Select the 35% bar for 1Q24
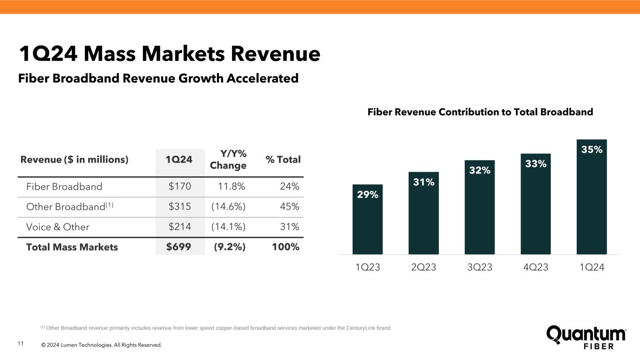pos(591,197)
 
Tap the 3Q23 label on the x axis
pos(480,268)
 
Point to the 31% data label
pos(423,182)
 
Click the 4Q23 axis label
pos(535,268)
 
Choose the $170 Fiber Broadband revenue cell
pos(180,187)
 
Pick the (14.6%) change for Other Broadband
pos(228,207)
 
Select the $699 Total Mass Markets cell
pos(179,247)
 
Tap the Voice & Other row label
pos(58,227)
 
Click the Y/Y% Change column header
pos(228,159)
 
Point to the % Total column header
pos(283,159)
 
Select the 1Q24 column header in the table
pos(179,159)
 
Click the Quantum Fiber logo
pos(586,337)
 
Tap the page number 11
pos(20,345)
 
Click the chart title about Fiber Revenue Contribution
pos(480,112)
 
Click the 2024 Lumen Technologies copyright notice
pos(101,345)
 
